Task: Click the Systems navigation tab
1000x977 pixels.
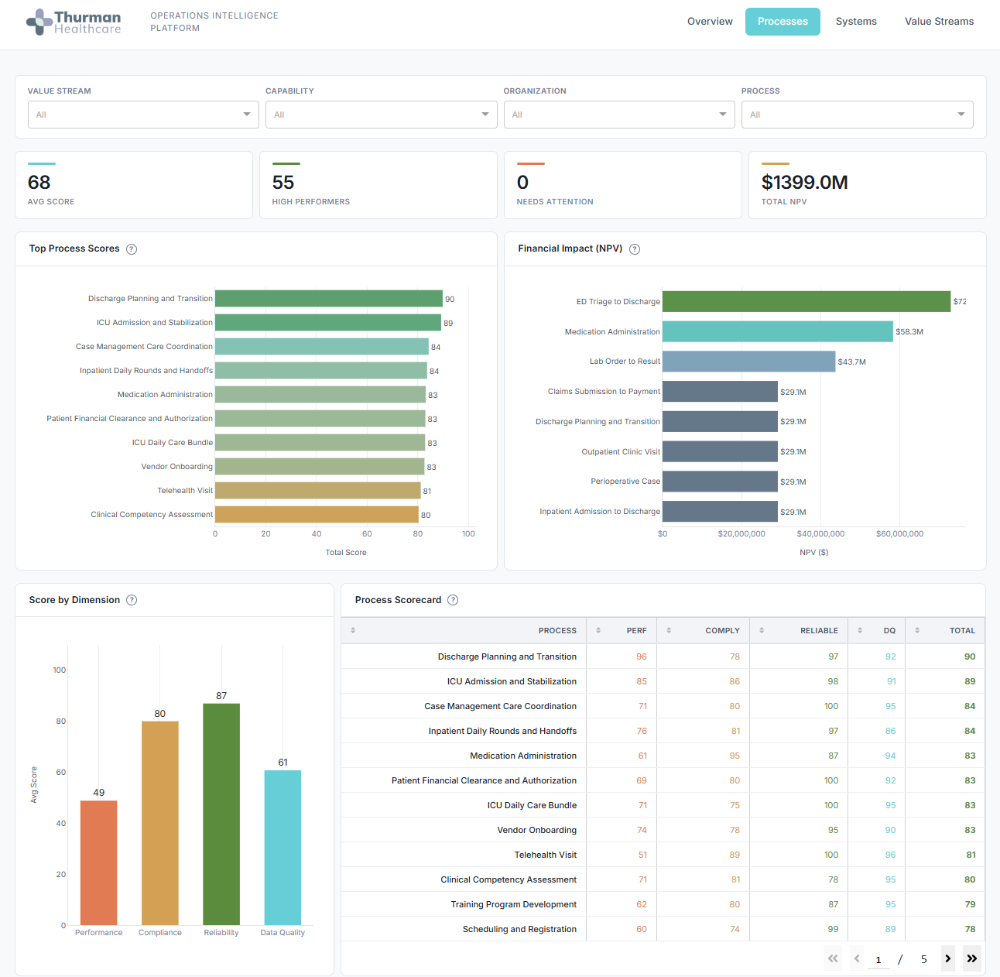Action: [x=856, y=22]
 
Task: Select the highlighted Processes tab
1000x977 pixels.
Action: [x=783, y=22]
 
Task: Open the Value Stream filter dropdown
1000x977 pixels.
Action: [x=143, y=115]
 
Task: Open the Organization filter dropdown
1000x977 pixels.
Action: [x=618, y=115]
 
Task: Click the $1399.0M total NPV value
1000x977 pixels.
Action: [x=804, y=183]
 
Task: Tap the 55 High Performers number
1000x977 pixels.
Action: [x=283, y=183]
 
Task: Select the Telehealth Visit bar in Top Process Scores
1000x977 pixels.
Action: [x=317, y=491]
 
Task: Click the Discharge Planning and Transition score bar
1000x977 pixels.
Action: [x=328, y=299]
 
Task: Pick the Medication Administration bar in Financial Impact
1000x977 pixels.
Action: [x=777, y=331]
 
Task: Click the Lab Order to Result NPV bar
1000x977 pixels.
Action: [x=748, y=362]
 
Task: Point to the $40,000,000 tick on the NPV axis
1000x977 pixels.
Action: [x=820, y=533]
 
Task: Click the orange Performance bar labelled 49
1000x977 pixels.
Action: [x=99, y=862]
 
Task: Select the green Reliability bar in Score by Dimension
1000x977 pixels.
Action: [x=221, y=813]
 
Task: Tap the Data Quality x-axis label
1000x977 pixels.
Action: [x=283, y=933]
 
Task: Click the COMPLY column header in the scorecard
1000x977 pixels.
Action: [x=721, y=631]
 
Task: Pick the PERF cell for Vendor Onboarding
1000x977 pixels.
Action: [x=642, y=830]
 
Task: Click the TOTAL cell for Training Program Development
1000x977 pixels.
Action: [x=969, y=904]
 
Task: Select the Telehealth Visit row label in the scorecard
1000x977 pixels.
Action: [x=545, y=855]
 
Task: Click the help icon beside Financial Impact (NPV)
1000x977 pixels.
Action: [x=635, y=249]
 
